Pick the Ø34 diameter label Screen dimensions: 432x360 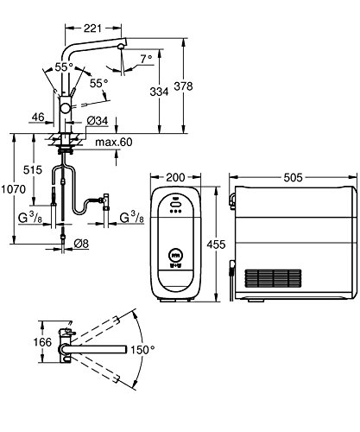(x=98, y=120)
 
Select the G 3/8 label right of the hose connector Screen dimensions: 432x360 (x=129, y=216)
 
